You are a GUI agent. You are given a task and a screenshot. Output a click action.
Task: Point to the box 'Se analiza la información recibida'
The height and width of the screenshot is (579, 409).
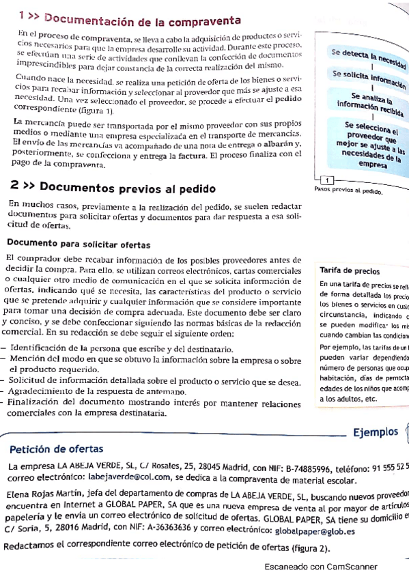pyautogui.click(x=369, y=104)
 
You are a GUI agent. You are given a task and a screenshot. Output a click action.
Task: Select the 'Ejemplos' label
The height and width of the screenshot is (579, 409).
pyautogui.click(x=375, y=432)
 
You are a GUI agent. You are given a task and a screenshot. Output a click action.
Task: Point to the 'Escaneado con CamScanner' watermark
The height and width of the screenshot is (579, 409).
pyautogui.click(x=320, y=566)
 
